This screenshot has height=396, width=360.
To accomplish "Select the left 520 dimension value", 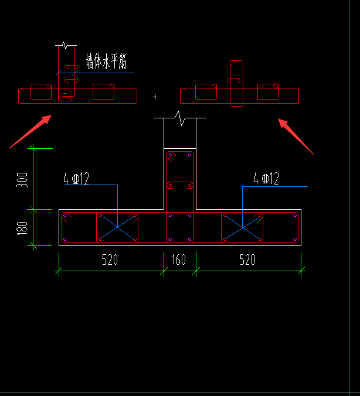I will pyautogui.click(x=110, y=260).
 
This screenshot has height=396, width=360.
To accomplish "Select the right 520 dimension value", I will pyautogui.click(x=248, y=260).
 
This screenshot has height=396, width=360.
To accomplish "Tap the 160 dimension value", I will pyautogui.click(x=178, y=260).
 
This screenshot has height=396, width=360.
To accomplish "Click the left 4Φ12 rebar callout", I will pyautogui.click(x=76, y=179).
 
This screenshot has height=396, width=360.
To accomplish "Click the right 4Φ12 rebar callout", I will pyautogui.click(x=266, y=179).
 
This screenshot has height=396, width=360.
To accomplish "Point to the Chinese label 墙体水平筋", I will pyautogui.click(x=106, y=61).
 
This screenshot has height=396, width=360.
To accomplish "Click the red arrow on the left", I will pyautogui.click(x=30, y=132).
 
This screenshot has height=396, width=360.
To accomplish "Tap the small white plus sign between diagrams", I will pyautogui.click(x=155, y=96).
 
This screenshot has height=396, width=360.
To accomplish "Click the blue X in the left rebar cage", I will pyautogui.click(x=117, y=227).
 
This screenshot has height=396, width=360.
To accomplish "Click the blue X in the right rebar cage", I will pyautogui.click(x=242, y=227).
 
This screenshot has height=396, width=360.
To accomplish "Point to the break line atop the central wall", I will pyautogui.click(x=179, y=120).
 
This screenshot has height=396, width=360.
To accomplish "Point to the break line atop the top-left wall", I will pyautogui.click(x=65, y=45).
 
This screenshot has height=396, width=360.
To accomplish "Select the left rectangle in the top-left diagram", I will pyautogui.click(x=40, y=91).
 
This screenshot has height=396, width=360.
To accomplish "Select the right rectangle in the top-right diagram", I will pyautogui.click(x=268, y=91).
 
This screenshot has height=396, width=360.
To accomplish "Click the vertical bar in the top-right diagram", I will pyautogui.click(x=236, y=83).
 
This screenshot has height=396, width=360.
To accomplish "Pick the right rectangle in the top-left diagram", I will pyautogui.click(x=103, y=91).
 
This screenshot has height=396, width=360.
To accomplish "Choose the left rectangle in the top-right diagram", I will pyautogui.click(x=206, y=91).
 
